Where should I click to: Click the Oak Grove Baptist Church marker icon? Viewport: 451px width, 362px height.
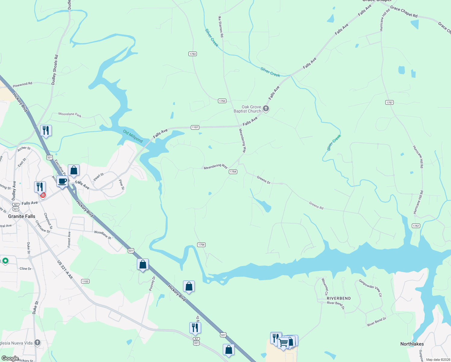266,109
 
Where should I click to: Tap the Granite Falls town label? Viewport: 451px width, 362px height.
22,216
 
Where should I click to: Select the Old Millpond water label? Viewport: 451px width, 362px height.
133,136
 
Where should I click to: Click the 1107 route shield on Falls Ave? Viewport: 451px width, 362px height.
195,127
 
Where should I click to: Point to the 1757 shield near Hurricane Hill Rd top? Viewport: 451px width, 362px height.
389,103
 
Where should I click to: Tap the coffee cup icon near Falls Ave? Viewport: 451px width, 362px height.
62,182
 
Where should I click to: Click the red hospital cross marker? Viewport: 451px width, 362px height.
43,195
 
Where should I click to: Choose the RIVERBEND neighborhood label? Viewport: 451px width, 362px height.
339,298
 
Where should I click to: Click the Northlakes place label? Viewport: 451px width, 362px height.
412,344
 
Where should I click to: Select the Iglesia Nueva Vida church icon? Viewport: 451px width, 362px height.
37,342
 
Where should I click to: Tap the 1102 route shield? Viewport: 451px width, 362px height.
85,281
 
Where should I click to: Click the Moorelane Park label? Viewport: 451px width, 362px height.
70,115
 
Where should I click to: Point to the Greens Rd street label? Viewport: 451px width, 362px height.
316,205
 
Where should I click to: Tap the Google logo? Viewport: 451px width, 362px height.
10,358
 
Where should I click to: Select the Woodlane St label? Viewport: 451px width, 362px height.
102,235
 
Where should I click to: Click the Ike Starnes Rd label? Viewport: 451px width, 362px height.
221,27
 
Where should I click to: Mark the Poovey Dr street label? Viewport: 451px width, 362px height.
152,284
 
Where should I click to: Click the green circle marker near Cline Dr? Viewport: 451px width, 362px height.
5,261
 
